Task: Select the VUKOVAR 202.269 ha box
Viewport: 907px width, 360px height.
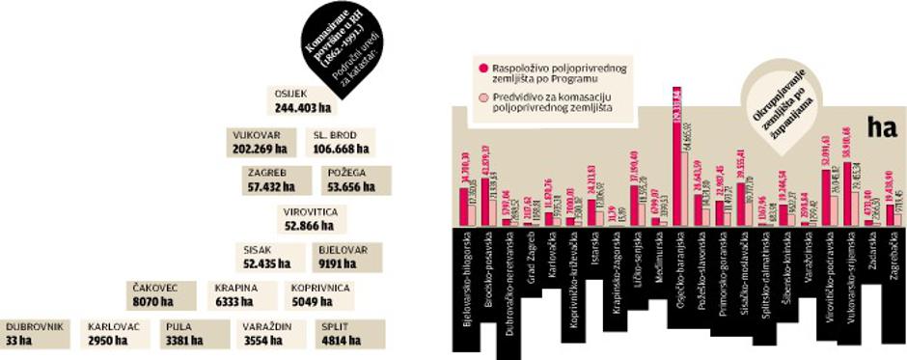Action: tap(261, 142)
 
